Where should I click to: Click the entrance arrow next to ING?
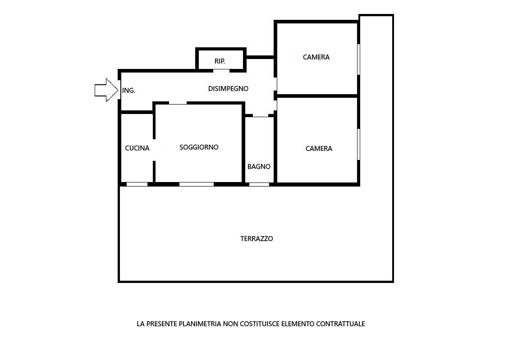point(106,90)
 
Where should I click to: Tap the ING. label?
point(129,90)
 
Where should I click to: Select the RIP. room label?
point(220,61)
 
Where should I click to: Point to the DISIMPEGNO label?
point(228,89)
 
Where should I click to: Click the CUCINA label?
point(137,148)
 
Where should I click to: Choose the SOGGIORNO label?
point(199,147)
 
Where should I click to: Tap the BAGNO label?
point(259,167)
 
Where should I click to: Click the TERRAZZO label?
point(257,239)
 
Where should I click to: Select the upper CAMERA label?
point(316,57)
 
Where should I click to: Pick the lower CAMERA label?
point(319,148)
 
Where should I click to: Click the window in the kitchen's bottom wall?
point(137,184)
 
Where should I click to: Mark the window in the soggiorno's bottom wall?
point(197,184)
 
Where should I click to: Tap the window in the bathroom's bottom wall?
point(259,184)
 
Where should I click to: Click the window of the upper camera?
point(358,59)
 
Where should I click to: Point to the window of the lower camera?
point(358,144)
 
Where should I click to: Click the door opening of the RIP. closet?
point(221,71)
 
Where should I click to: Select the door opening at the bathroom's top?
point(261,115)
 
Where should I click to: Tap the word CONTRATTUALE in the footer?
point(340,324)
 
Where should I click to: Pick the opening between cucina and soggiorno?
point(154,150)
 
